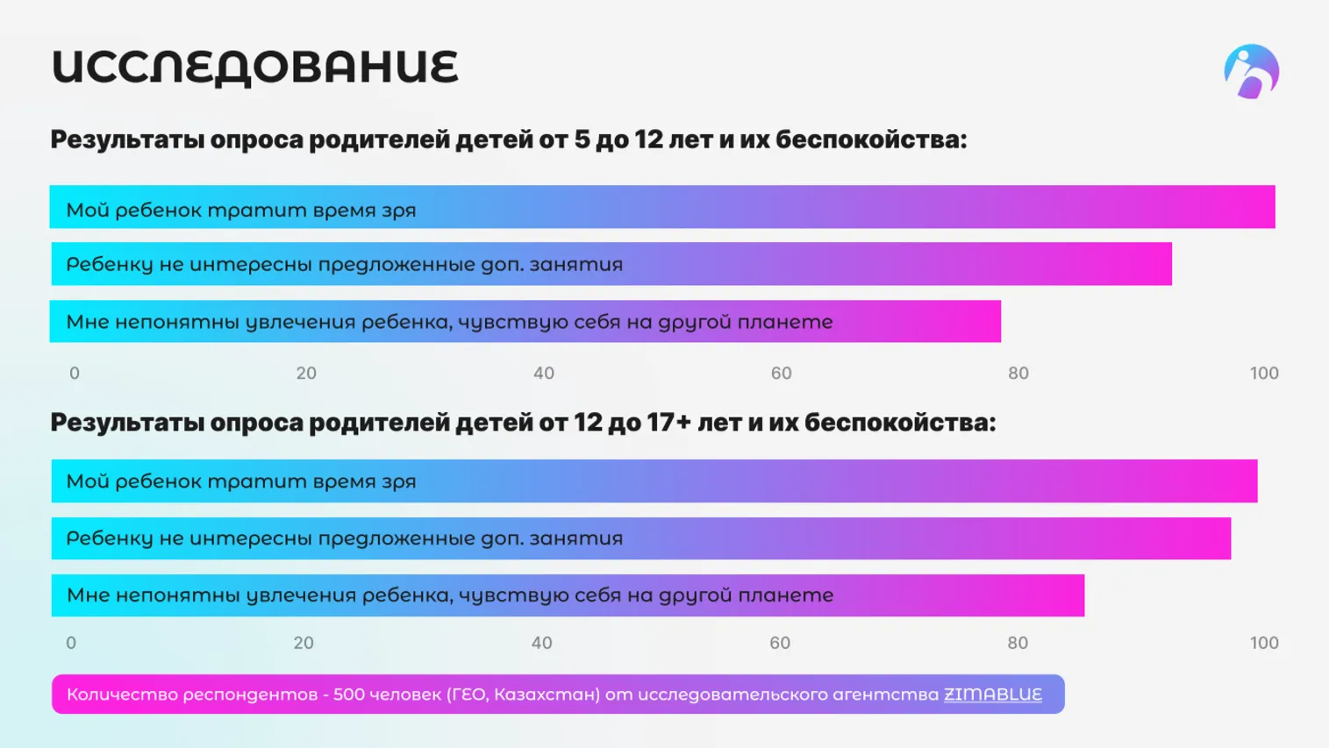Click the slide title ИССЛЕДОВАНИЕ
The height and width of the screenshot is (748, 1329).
pyautogui.click(x=254, y=68)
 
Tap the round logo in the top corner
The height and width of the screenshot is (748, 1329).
pyautogui.click(x=1251, y=71)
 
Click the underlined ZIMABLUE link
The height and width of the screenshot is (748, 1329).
pyautogui.click(x=992, y=695)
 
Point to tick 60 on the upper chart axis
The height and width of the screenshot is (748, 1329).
pyautogui.click(x=781, y=374)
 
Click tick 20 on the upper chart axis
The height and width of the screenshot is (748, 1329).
pyautogui.click(x=306, y=374)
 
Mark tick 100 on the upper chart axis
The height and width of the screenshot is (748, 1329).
pyautogui.click(x=1263, y=374)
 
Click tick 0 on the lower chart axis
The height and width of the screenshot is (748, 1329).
pyautogui.click(x=71, y=644)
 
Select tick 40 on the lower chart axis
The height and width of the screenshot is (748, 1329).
pyautogui.click(x=541, y=644)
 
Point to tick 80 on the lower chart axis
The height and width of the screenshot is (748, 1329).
pyautogui.click(x=1017, y=644)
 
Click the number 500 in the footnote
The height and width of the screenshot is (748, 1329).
pyautogui.click(x=348, y=695)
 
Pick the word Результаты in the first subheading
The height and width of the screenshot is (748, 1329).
pyautogui.click(x=126, y=140)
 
